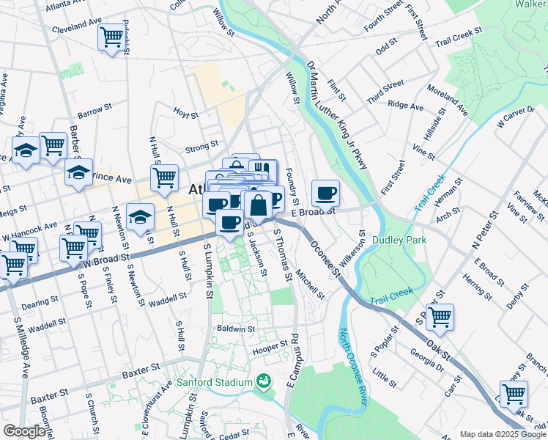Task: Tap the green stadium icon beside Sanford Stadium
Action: tap(263, 381)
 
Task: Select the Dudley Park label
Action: tap(399, 239)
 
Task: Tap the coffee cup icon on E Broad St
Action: tap(325, 193)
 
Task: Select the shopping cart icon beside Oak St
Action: tap(440, 317)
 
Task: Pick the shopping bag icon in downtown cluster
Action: tap(258, 205)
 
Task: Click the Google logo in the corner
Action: tap(24, 431)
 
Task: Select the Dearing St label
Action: tap(41, 302)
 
